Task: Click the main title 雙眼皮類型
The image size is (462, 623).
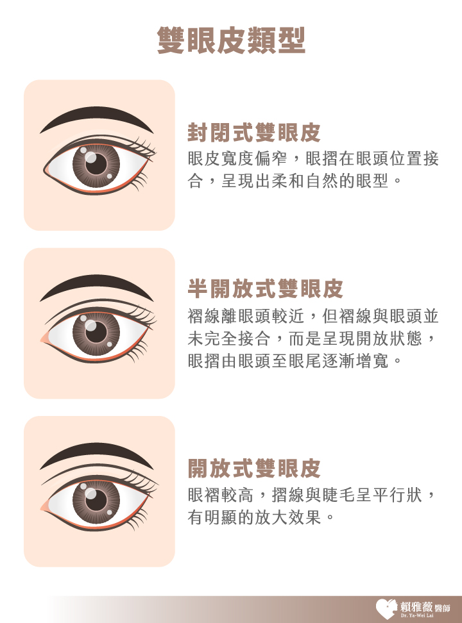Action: point(231,40)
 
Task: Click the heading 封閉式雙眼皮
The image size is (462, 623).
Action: point(254,132)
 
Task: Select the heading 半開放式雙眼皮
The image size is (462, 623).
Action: point(265,288)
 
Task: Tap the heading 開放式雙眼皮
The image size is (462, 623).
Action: point(254,468)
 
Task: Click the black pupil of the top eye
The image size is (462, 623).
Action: point(96,163)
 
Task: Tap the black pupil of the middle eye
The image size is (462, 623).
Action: point(96,332)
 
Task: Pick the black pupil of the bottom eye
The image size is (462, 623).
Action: point(96,500)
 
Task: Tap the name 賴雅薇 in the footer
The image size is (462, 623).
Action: point(416,607)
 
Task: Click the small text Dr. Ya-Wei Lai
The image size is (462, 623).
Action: point(417,616)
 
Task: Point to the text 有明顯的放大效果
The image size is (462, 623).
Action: point(254,517)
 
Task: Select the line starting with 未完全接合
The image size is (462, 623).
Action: point(312,338)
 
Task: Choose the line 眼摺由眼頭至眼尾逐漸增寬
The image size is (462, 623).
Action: point(287,361)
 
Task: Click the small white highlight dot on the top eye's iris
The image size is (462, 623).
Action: point(110,176)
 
